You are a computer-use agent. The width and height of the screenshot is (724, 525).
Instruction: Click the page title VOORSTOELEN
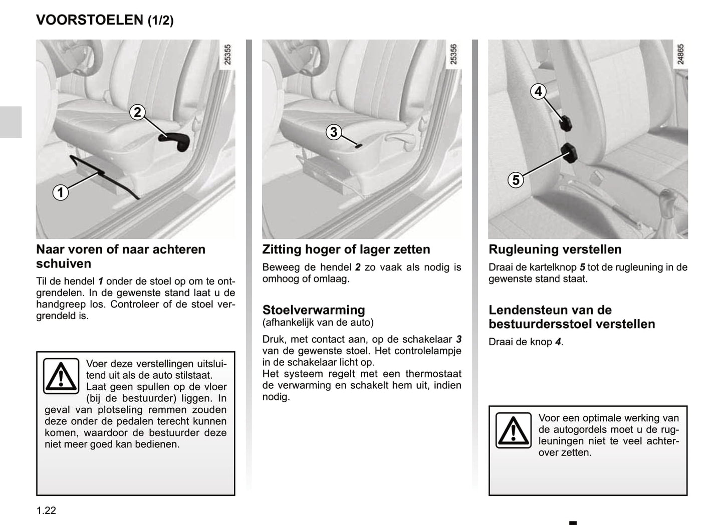pyautogui.click(x=90, y=20)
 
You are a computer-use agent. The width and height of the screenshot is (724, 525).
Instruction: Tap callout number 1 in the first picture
pyautogui.click(x=61, y=192)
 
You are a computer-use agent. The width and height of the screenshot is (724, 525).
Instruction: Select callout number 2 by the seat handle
pyautogui.click(x=137, y=112)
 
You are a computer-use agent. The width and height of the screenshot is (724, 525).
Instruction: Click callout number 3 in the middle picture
pyautogui.click(x=334, y=132)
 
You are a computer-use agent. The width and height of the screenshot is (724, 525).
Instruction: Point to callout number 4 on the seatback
pyautogui.click(x=538, y=92)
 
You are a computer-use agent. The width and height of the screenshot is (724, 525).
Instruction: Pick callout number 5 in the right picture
pyautogui.click(x=516, y=180)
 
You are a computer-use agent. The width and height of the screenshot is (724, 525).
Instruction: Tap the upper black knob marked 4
pyautogui.click(x=566, y=123)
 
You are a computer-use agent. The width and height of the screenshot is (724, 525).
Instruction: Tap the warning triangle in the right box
pyautogui.click(x=513, y=430)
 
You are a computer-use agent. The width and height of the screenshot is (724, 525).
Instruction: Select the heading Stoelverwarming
pyautogui.click(x=314, y=310)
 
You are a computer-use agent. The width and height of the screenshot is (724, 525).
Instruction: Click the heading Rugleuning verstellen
pyautogui.click(x=555, y=249)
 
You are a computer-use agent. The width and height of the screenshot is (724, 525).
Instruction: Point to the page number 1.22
pyautogui.click(x=46, y=510)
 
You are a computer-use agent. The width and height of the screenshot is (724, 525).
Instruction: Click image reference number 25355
pyautogui.click(x=227, y=55)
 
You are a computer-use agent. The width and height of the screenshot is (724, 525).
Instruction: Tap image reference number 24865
pyautogui.click(x=680, y=54)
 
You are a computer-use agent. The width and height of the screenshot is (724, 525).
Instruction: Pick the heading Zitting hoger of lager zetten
pyautogui.click(x=346, y=249)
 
